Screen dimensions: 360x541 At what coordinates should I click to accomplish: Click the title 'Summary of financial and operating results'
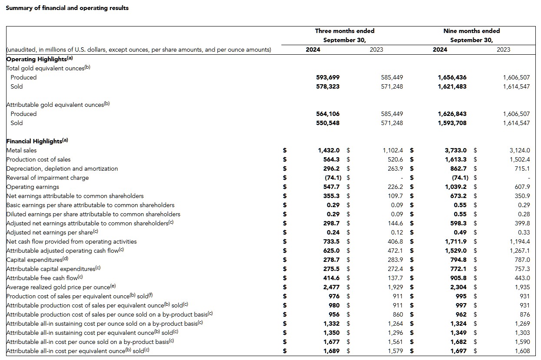coord(67,8)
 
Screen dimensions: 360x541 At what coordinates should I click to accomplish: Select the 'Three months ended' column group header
coord(344,31)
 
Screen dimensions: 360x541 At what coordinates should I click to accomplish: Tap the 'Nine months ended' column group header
coord(471,31)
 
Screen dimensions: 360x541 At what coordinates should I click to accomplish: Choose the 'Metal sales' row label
coord(22,150)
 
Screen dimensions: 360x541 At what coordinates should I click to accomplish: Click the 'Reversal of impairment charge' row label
coord(48,178)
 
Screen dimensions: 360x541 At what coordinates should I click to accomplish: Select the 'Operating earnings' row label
coord(33,187)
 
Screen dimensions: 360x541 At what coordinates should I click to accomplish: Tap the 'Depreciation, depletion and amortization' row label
coord(62,168)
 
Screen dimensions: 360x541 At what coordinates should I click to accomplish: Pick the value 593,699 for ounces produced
coord(328,77)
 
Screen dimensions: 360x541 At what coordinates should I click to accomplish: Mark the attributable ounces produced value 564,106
coord(328,114)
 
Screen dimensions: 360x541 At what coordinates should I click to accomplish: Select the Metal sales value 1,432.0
coord(329,150)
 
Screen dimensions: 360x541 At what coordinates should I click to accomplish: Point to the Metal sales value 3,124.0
coord(520,150)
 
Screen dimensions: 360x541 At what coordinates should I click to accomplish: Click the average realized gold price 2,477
coord(332,287)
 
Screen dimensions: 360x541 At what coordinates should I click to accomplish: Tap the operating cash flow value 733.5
coord(332,241)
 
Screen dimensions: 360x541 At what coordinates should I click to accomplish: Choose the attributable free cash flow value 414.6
coord(332,278)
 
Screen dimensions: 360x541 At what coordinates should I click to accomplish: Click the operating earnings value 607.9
coord(522,187)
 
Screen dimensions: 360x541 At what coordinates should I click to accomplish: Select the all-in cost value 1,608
coord(522,351)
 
